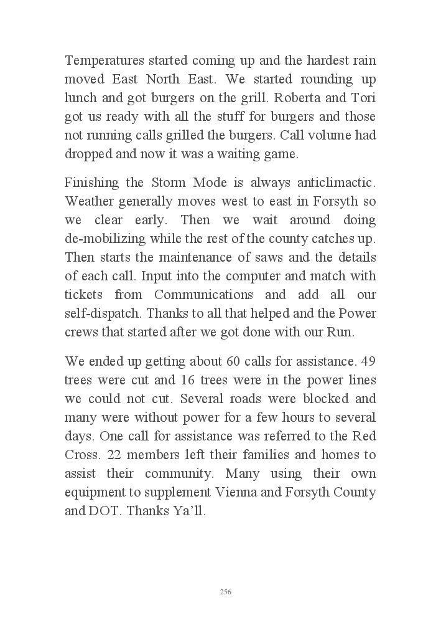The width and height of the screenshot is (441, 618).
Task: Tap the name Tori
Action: click(x=363, y=98)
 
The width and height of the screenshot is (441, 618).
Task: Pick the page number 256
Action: click(x=226, y=592)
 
